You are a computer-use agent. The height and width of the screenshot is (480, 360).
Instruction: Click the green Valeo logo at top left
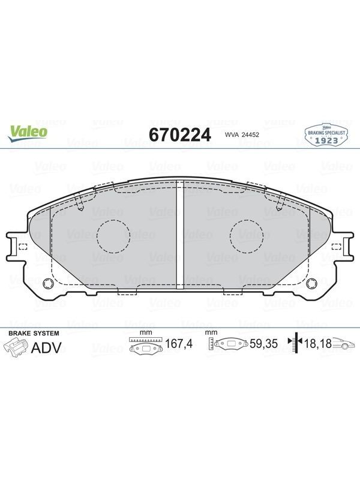pyautogui.click(x=28, y=134)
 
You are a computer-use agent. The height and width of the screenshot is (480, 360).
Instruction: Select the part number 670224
pyautogui.click(x=180, y=134)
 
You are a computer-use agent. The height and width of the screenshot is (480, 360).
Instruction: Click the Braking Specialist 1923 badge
pyautogui.click(x=326, y=134)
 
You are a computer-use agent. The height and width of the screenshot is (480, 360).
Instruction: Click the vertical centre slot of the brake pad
pyautogui.click(x=180, y=234)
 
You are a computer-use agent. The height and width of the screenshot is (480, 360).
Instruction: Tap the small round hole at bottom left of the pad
pyautogui.click(x=48, y=283)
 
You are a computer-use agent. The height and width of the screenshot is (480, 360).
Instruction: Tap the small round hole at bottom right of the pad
pyautogui.click(x=311, y=283)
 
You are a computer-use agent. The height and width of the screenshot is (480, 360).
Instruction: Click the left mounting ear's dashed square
pyautogui.click(x=23, y=247)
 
